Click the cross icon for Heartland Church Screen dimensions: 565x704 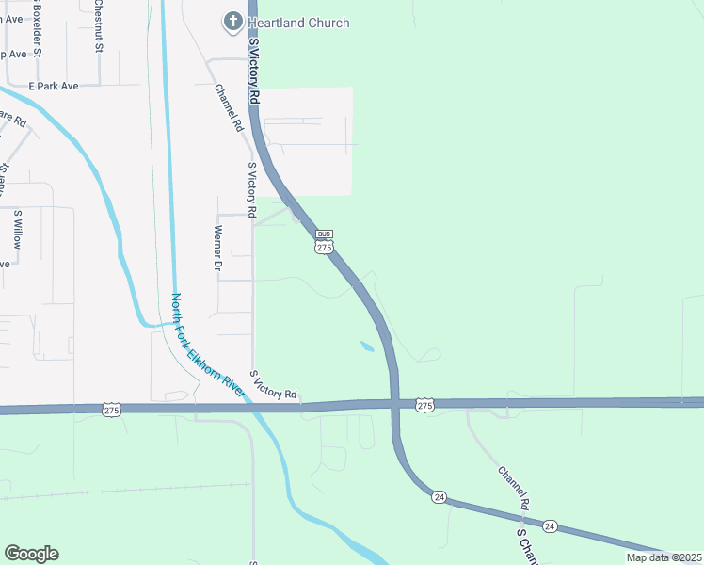[x=232, y=22]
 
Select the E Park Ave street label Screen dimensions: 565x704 [x=53, y=86]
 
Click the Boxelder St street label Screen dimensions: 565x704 [x=37, y=29]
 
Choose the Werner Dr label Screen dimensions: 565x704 [x=217, y=249]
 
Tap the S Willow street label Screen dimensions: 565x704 [x=17, y=229]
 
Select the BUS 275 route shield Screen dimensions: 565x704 [x=324, y=242]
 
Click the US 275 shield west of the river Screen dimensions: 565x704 [x=112, y=410]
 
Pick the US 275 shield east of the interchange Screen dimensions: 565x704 [x=424, y=405]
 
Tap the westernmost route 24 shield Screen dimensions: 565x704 [x=440, y=496]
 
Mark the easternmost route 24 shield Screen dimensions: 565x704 [x=551, y=525]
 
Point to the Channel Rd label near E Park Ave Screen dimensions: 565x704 [x=229, y=108]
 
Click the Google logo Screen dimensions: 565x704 [x=31, y=554]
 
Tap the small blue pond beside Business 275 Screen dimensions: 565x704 [x=366, y=347]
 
